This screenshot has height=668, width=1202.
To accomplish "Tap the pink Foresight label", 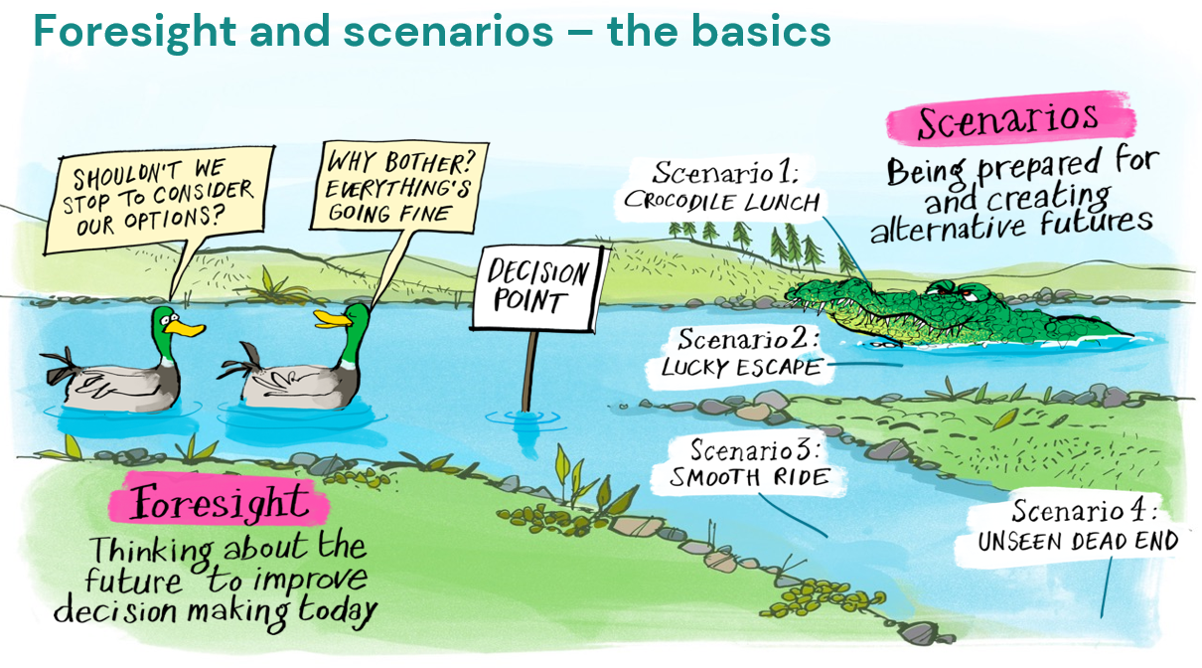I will click(x=218, y=503).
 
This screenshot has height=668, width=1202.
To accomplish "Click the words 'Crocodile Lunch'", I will click(x=721, y=202).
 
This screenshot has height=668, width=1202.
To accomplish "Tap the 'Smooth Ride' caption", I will click(x=749, y=478).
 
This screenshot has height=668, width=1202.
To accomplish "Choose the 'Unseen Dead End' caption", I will click(x=1078, y=542).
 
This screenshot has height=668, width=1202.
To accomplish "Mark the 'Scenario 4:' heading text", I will click(x=1084, y=512).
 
